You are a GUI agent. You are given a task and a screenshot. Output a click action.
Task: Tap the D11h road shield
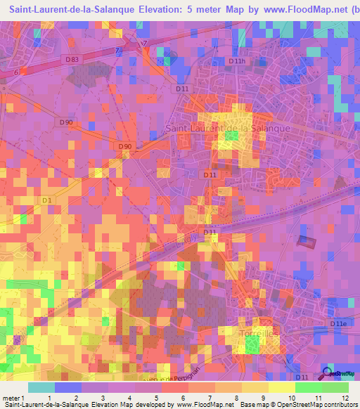click(x=238, y=62)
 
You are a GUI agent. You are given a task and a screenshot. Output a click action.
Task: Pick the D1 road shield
click(x=47, y=201)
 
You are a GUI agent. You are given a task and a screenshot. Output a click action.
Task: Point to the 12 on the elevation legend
click(x=345, y=398)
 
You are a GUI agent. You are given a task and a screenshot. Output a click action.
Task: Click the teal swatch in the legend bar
click(x=41, y=387)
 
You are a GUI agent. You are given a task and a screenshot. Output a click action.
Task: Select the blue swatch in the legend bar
click(x=68, y=387)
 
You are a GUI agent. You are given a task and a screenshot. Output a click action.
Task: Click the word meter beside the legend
click(x=11, y=398)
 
